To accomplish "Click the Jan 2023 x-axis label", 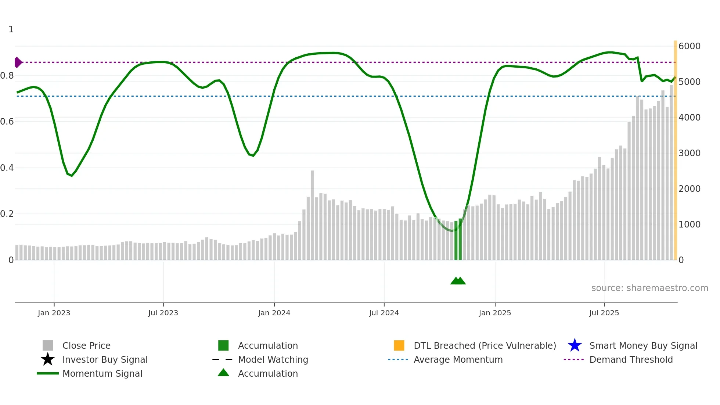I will point(54,313).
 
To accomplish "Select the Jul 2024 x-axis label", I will point(384,313).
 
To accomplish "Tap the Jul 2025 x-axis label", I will point(604,313).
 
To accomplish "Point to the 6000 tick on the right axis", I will point(690,46).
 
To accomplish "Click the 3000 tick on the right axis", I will point(690,153).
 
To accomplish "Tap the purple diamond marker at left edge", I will point(18,62).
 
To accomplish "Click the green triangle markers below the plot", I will point(458,281).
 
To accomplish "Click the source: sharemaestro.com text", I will point(649,288).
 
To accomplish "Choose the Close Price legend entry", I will point(86,346).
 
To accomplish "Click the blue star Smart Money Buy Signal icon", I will point(575,345).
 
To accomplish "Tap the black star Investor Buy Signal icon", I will point(48,359).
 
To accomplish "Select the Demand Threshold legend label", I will point(631,360).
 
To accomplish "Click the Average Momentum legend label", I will point(458,360).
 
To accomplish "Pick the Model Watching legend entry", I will point(273,360).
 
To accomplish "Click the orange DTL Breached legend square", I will point(399,345).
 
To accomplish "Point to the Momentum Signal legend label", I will point(102,374).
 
